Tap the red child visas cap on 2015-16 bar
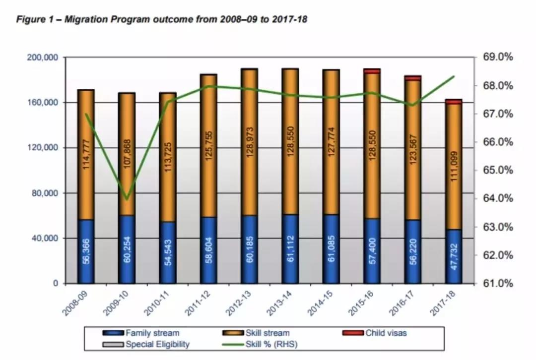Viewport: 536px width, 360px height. pyautogui.click(x=372, y=71)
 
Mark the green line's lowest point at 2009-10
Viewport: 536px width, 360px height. pyautogui.click(x=127, y=199)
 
